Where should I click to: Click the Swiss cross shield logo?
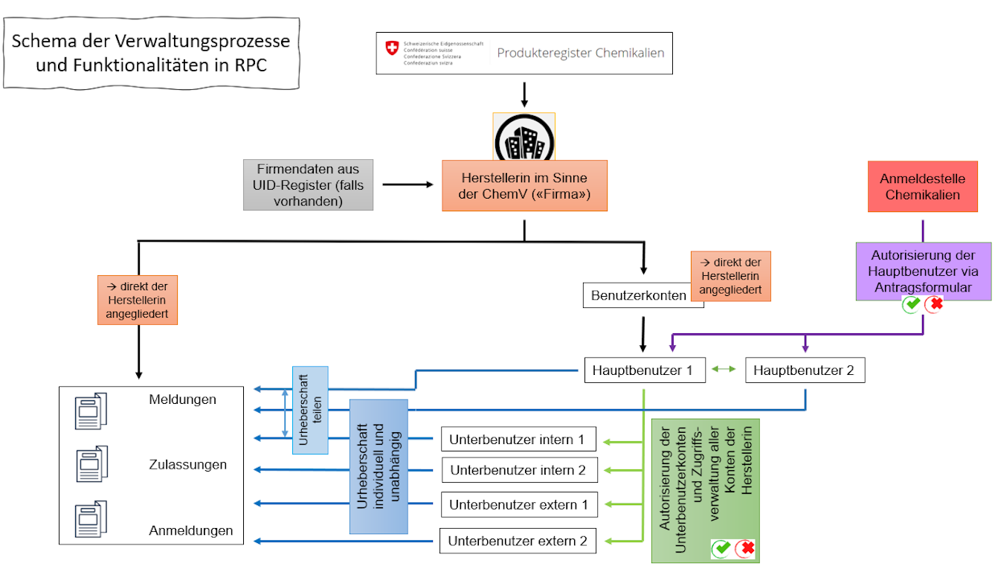pyautogui.click(x=391, y=48)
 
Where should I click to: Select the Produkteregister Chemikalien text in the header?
pyautogui.click(x=581, y=53)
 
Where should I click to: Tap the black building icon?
pyautogui.click(x=524, y=138)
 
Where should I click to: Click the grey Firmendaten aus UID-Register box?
pyautogui.click(x=308, y=184)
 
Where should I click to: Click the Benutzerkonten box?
pyautogui.click(x=638, y=295)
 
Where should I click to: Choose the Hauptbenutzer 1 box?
pyautogui.click(x=644, y=370)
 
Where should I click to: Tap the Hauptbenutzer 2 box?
pyautogui.click(x=805, y=370)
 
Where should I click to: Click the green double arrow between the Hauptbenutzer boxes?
pyautogui.click(x=725, y=369)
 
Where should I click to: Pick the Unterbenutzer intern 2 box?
pyautogui.click(x=518, y=470)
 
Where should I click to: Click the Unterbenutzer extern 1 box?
pyautogui.click(x=518, y=505)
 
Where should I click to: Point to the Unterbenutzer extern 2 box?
pyautogui.click(x=517, y=541)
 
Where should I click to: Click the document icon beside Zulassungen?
pyautogui.click(x=91, y=464)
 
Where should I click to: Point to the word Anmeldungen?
pyautogui.click(x=191, y=531)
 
